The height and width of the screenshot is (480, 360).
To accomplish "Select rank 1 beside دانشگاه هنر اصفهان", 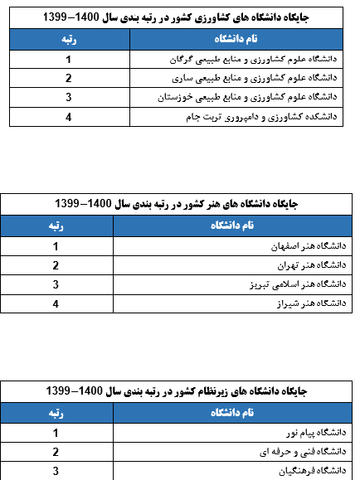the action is coord(56,246).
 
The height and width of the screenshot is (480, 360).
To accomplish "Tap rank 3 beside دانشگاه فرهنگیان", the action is coord(56,471).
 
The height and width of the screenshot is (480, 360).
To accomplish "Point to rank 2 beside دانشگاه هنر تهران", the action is coord(56,265).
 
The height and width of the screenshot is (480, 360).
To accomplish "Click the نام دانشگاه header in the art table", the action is coord(231,225).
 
